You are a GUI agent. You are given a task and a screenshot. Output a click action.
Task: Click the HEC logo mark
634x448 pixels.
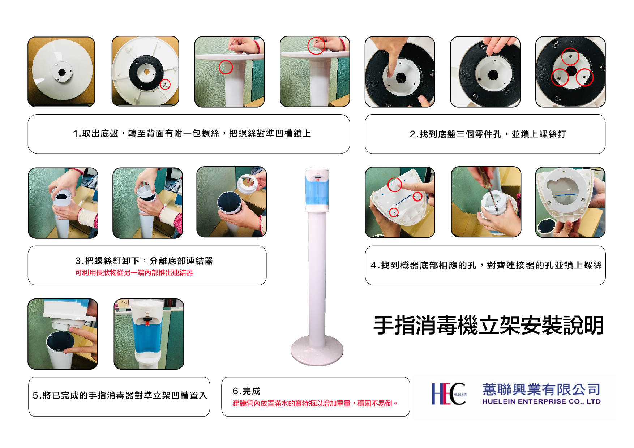(x=449, y=394)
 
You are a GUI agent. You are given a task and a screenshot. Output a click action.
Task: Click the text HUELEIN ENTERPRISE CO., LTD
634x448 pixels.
(x=541, y=401)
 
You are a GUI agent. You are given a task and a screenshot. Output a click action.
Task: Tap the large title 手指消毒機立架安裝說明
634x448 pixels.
(x=489, y=325)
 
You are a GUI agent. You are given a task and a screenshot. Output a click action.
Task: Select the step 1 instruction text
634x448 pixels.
(x=192, y=134)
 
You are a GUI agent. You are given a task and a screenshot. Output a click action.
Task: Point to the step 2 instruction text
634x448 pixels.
(x=488, y=134)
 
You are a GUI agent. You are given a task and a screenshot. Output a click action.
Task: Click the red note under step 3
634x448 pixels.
(x=134, y=272)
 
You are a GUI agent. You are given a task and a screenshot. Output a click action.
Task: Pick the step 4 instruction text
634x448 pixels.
(x=486, y=265)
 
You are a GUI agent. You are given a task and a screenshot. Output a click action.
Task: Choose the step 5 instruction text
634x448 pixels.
(x=120, y=396)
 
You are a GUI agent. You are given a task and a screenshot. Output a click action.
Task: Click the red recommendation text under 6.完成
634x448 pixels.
(x=315, y=403)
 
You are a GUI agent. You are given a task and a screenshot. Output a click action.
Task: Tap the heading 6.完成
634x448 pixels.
(x=247, y=391)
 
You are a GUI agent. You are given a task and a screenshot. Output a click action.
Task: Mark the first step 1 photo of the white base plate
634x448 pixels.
(x=61, y=72)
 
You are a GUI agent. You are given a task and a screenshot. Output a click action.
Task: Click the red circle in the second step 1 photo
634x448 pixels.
(x=165, y=84)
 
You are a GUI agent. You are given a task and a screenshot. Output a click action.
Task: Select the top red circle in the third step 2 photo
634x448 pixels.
(x=570, y=56)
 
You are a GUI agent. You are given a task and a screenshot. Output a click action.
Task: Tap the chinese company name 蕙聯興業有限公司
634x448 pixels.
(x=541, y=389)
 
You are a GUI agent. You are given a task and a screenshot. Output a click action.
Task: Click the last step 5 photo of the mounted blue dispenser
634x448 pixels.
(x=149, y=334)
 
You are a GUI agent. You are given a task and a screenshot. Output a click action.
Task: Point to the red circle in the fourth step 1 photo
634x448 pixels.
(x=316, y=46)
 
